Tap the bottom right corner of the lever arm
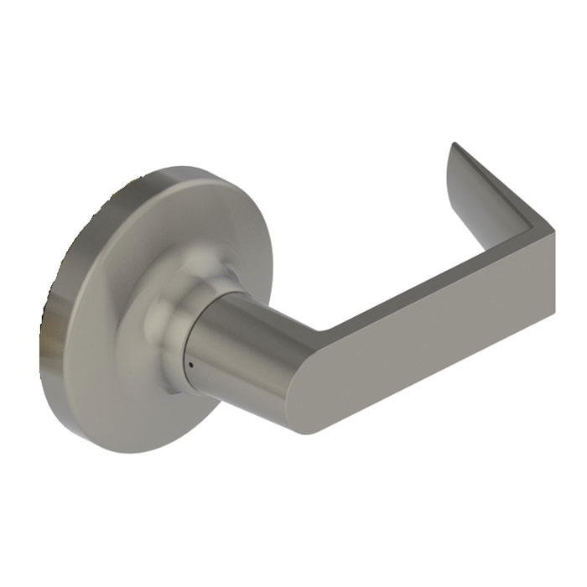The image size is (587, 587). point(553,314)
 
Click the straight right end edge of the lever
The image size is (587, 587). point(553,273)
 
